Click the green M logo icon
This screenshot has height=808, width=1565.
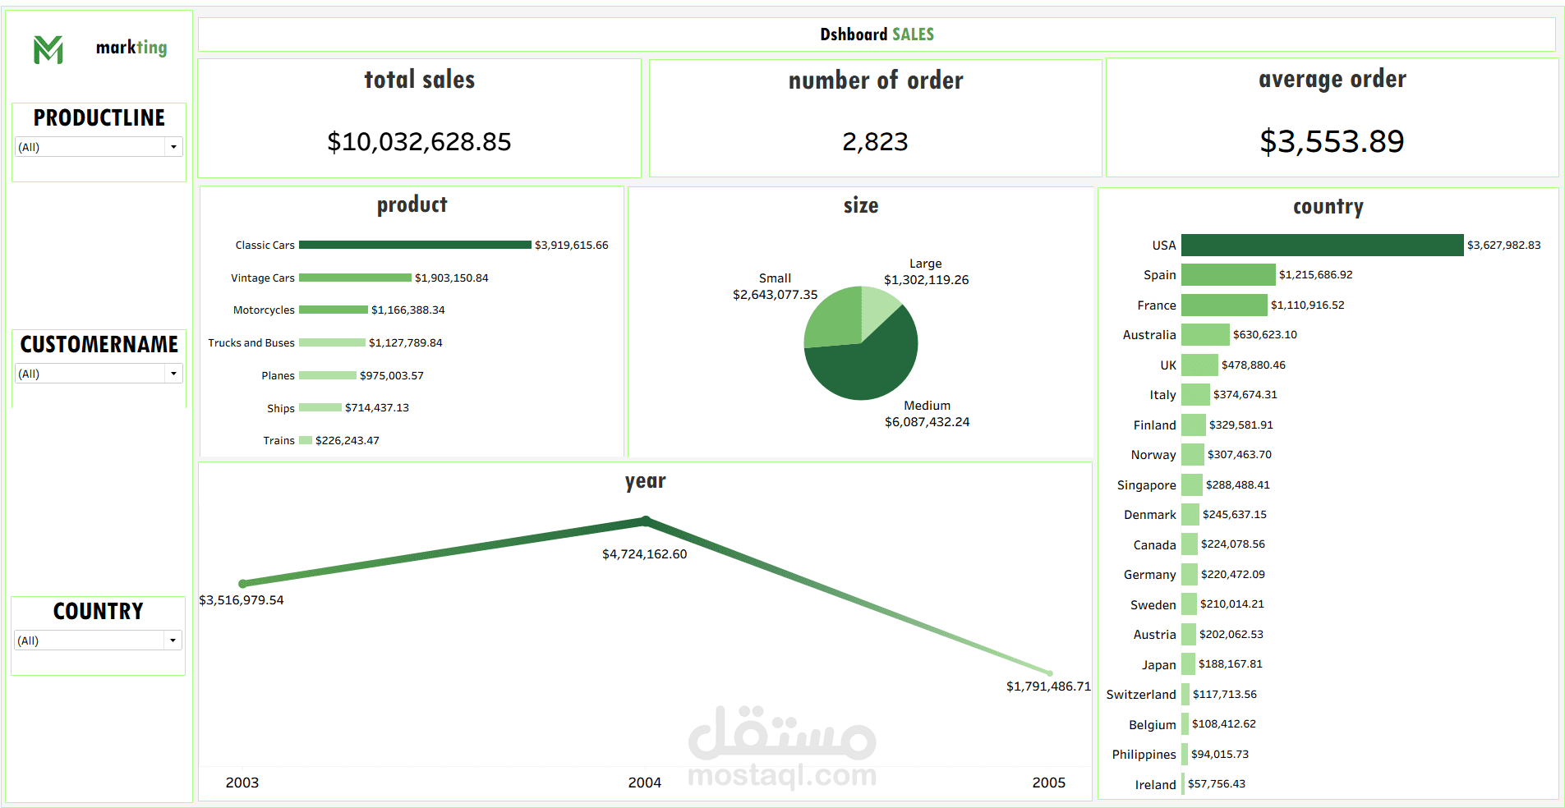coord(48,49)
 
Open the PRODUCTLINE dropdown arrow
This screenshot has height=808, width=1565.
coord(173,147)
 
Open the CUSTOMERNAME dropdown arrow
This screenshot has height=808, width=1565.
coord(173,374)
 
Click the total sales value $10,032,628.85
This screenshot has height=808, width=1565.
coord(419,142)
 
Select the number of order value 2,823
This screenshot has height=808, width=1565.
coord(875,142)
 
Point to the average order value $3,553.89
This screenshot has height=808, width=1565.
coord(1332,141)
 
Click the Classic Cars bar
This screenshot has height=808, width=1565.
coord(415,245)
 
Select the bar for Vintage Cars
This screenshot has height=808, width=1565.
coord(355,278)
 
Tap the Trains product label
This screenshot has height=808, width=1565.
coord(278,441)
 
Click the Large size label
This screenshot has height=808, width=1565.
coord(925,264)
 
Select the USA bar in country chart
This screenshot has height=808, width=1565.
coord(1322,245)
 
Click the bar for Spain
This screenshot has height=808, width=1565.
coord(1228,274)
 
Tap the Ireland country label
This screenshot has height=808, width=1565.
coord(1155,785)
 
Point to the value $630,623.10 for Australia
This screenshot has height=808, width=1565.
coord(1264,335)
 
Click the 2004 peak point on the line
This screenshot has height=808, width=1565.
coord(646,521)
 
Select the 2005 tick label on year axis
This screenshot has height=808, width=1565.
coord(1048,783)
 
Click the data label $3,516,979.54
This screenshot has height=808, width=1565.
coord(242,600)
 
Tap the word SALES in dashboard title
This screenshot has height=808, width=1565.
coord(913,34)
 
